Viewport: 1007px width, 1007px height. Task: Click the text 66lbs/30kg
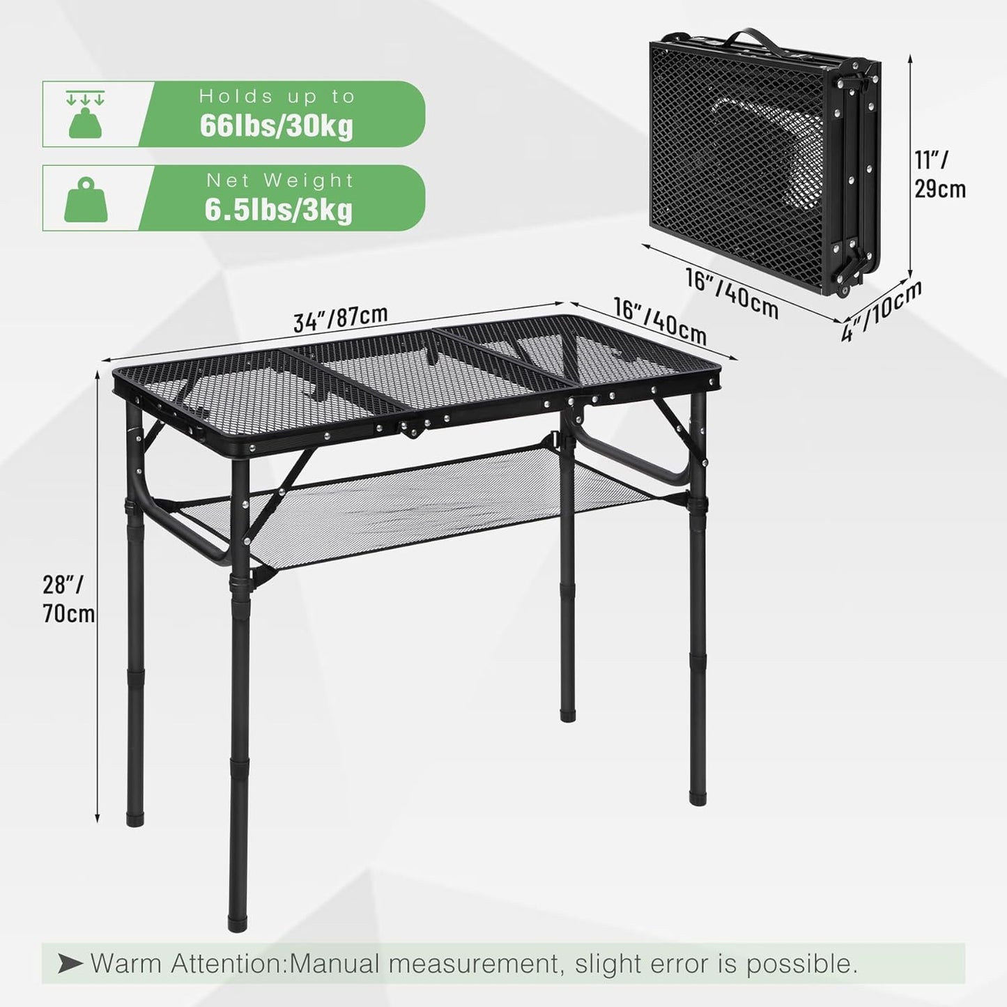pyautogui.click(x=276, y=125)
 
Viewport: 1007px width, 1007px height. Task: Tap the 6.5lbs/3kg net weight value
pyautogui.click(x=278, y=210)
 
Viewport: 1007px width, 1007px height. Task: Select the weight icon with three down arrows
pyautogui.click(x=85, y=114)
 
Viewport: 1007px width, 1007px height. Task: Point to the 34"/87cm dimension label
pyautogui.click(x=340, y=318)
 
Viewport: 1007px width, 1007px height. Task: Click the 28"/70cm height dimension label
pyautogui.click(x=68, y=599)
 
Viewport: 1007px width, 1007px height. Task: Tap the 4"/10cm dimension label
pyautogui.click(x=881, y=310)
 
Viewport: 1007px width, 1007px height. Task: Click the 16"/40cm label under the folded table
pyautogui.click(x=732, y=293)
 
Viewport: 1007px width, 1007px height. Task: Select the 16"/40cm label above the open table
pyautogui.click(x=659, y=321)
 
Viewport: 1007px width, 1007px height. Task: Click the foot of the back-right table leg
pyautogui.click(x=568, y=713)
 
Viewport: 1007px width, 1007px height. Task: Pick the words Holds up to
pyautogui.click(x=277, y=97)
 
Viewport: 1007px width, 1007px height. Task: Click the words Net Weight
pyautogui.click(x=279, y=180)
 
